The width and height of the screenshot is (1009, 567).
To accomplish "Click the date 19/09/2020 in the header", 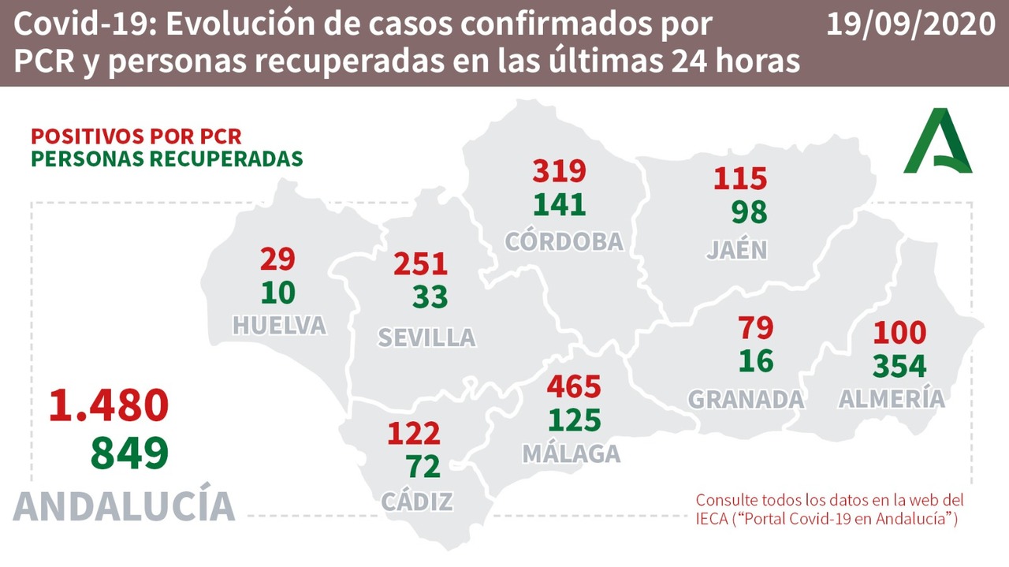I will pos(910,25).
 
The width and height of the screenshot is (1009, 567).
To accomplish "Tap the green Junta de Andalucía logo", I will pos(938,141).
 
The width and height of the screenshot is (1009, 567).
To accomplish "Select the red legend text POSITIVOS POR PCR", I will pos(136,136).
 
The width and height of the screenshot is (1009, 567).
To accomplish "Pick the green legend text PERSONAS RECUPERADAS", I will pos(166,158).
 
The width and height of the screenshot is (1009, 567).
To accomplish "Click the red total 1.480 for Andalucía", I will pos(109,405).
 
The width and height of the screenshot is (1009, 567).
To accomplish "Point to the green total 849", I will pos(129,453).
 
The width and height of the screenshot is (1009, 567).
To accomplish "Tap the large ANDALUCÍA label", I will pos(125,505).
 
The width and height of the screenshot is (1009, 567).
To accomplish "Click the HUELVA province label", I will pos(279,325).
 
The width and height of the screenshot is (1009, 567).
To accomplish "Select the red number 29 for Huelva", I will pos(277,259).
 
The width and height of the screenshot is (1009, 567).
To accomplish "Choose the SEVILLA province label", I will pos(426,338).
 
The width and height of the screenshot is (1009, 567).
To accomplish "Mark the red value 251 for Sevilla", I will pos(421,264).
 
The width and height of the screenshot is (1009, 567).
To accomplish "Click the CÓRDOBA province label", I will pos(564,241).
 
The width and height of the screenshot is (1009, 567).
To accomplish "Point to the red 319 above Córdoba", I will pos(560,170).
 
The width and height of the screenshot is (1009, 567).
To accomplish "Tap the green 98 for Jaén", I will pos(748,211).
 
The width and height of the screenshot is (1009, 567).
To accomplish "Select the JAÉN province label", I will pos(736,249).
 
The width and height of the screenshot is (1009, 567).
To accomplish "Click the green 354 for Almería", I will pos(899,367).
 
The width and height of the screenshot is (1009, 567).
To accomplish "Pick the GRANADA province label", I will pos(746,399).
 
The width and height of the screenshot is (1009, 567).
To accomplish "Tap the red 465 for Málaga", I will pos(574,387).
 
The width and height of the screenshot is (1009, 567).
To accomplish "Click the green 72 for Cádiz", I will pos(424,467).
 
